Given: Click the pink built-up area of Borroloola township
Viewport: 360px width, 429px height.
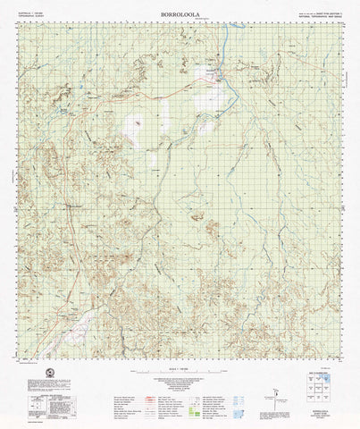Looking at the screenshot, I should click(x=217, y=79).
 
